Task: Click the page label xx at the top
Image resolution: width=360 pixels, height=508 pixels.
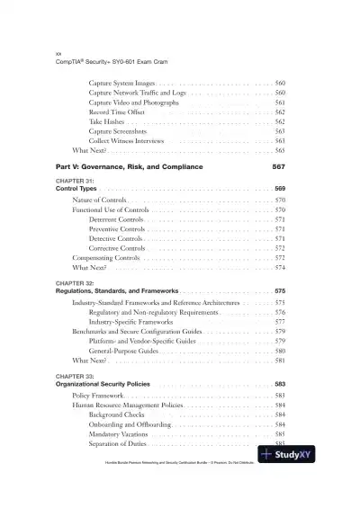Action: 58,56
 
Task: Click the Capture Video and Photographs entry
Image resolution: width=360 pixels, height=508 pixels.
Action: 134,102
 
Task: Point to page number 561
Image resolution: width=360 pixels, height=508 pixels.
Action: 280,102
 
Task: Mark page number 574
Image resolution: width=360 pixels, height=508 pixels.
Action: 280,268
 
